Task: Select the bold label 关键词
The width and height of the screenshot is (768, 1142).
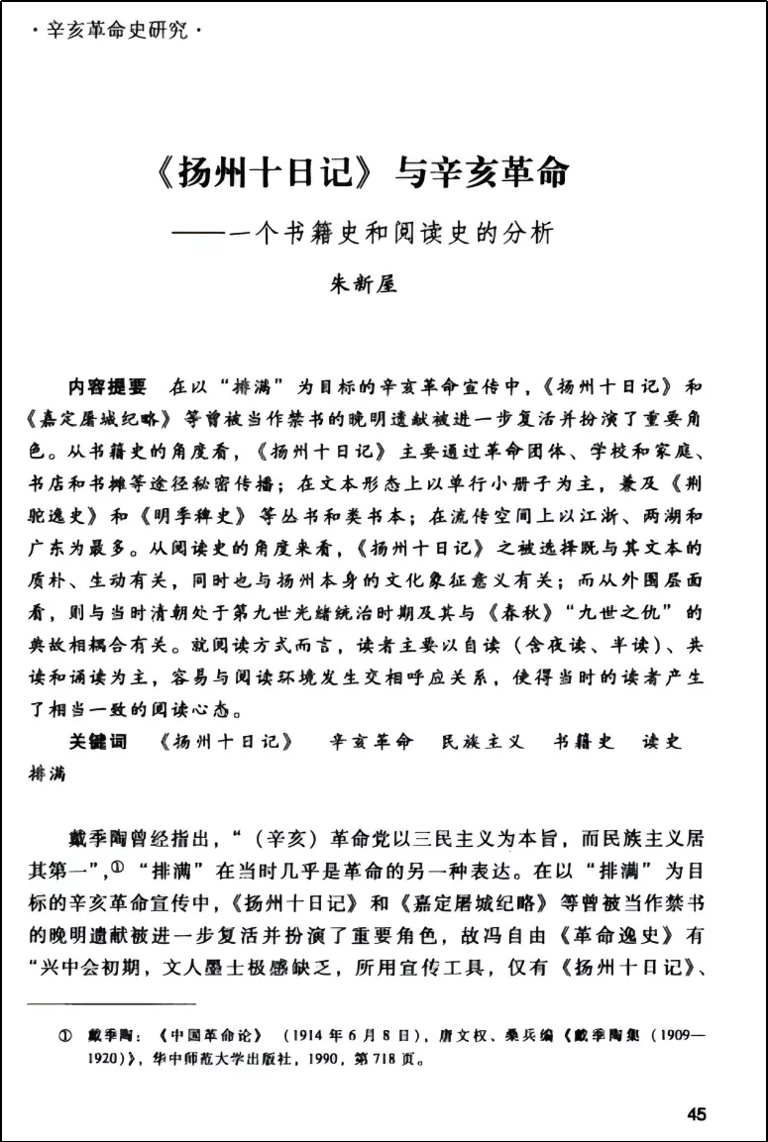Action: [97, 741]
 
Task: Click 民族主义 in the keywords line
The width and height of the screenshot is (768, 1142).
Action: [482, 741]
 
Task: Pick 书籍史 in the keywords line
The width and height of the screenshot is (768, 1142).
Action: [583, 741]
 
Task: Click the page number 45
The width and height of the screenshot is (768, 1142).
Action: [696, 1114]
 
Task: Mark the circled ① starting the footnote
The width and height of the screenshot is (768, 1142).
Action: [66, 1036]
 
